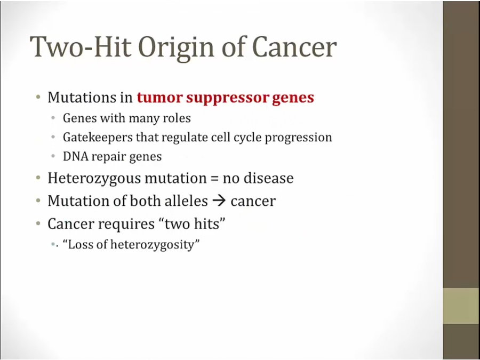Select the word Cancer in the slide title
coord(294,46)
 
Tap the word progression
coord(298,138)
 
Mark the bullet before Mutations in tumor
coord(38,98)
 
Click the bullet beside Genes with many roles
coord(53,118)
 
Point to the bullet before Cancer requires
coord(38,223)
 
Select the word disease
coord(268,178)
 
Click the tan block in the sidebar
coord(461,306)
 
